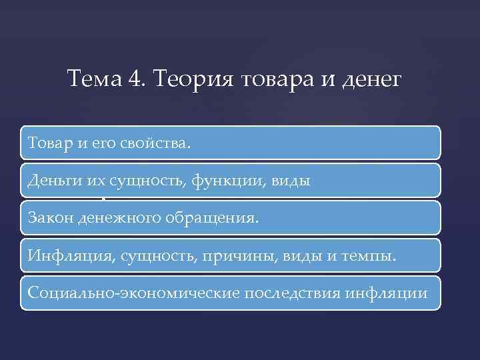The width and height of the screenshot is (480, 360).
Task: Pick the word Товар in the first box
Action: [47, 143]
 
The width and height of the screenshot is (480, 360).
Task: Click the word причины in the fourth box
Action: [227, 255]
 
